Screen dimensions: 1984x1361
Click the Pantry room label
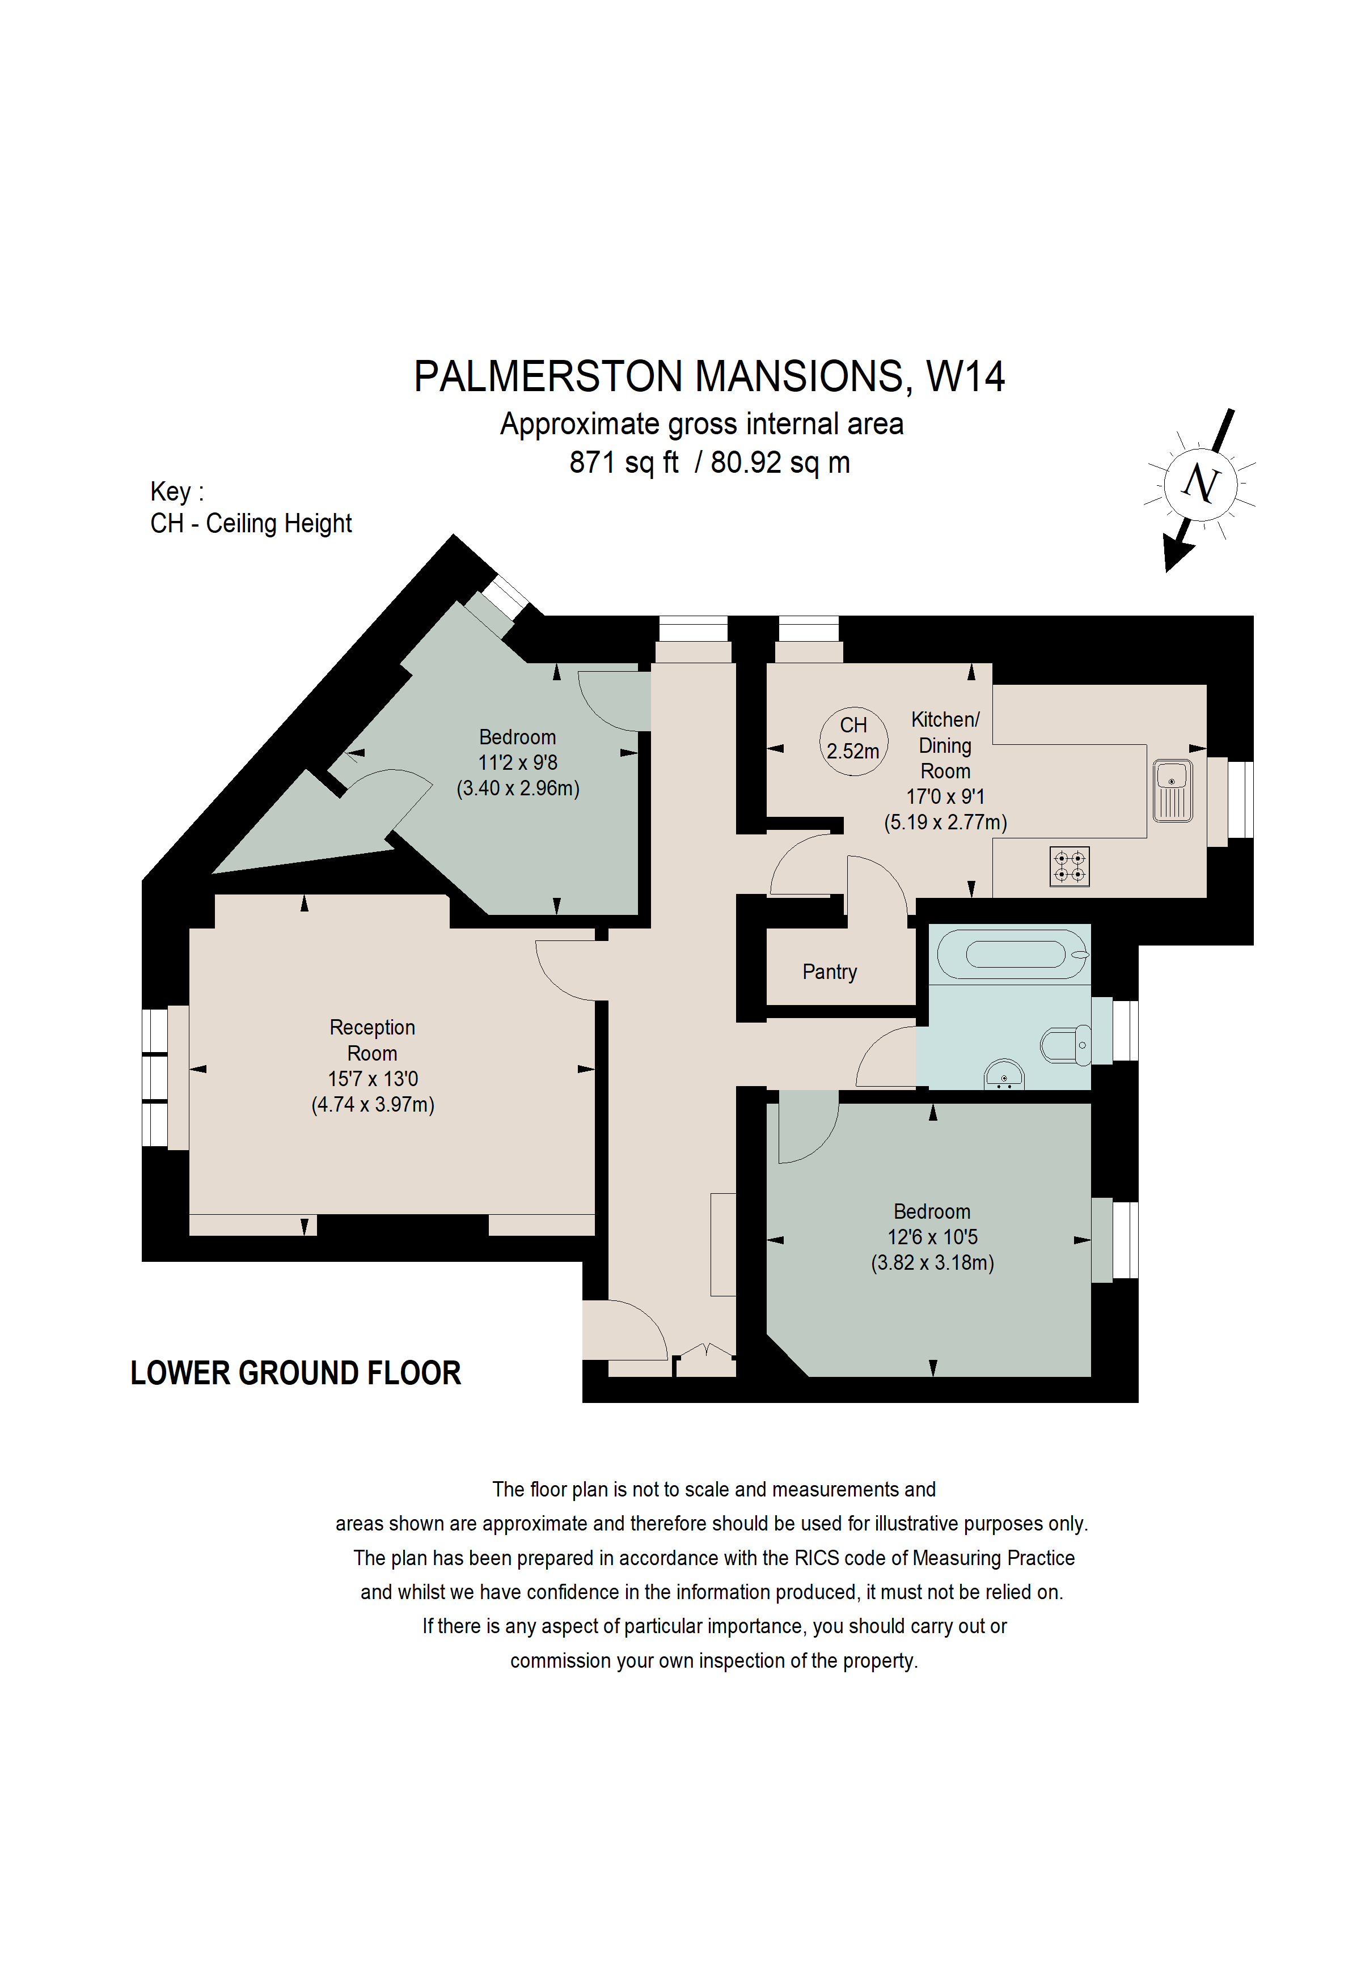(x=829, y=972)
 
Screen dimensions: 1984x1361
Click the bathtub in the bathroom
(x=1013, y=953)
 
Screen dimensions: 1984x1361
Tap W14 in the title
(x=966, y=376)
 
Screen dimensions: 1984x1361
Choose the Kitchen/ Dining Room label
(x=945, y=745)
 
